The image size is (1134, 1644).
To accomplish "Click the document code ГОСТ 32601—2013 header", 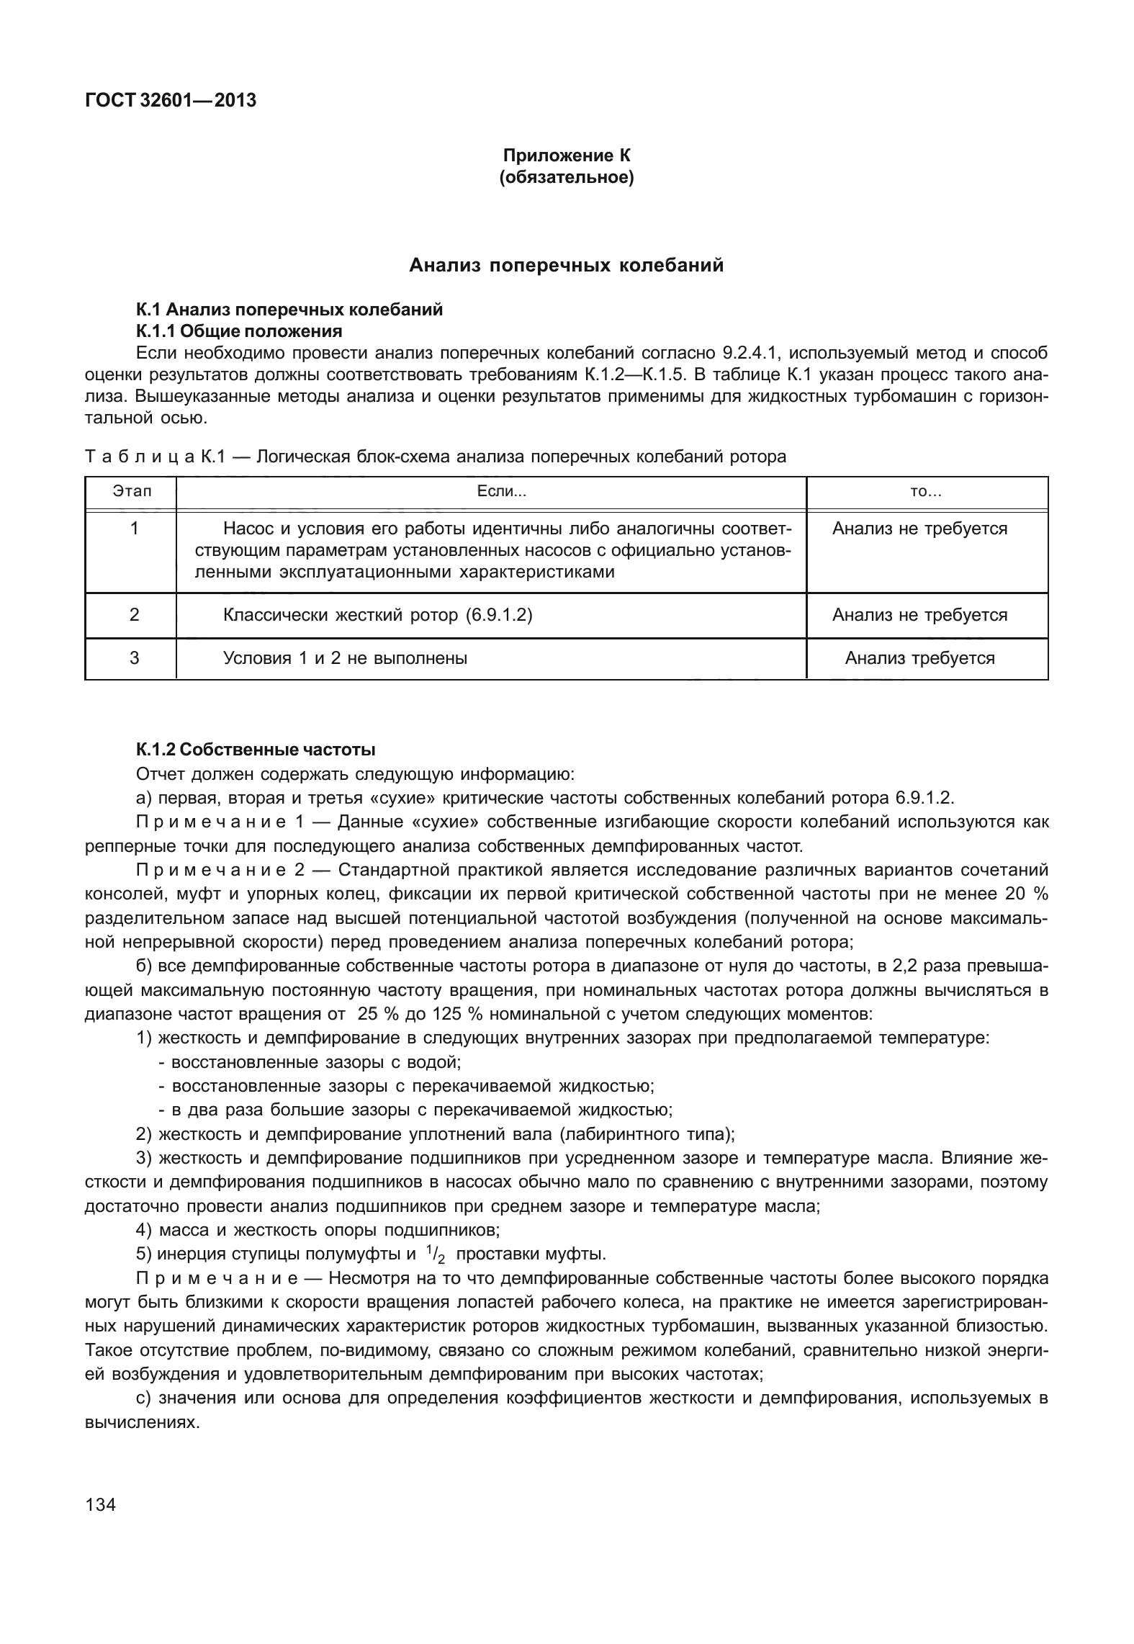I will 170,100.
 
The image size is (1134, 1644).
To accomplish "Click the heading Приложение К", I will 566,155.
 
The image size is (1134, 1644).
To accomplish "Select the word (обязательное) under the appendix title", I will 566,177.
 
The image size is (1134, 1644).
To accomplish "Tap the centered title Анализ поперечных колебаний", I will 566,266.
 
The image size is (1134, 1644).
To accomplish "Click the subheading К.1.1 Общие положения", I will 238,331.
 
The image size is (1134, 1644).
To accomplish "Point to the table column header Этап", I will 132,492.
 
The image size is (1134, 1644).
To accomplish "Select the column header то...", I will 926,492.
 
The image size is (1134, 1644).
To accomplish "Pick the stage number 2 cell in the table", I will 134,615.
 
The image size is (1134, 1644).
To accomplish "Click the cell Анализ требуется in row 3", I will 919,658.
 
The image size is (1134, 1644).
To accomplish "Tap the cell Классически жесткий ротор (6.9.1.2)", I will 377,615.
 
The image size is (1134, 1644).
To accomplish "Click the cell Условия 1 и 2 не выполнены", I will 345,658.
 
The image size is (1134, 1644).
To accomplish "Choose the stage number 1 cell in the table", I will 134,529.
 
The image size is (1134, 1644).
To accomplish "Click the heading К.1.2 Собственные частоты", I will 256,750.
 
